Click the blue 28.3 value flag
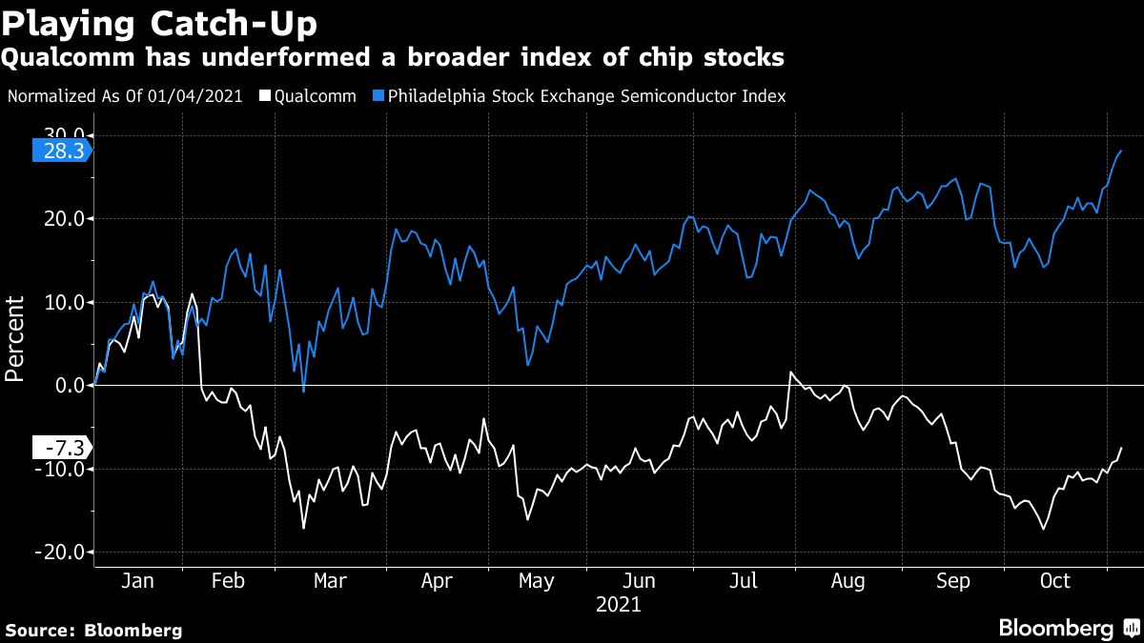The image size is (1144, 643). point(61,151)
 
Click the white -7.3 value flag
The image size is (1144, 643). point(61,448)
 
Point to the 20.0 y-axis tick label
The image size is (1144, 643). point(64,218)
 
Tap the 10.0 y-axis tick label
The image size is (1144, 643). point(64,302)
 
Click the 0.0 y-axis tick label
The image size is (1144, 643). point(71,386)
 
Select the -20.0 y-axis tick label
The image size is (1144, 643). point(61,553)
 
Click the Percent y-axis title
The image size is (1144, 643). point(15,338)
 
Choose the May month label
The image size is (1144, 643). point(538,581)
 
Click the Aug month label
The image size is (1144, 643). point(847,581)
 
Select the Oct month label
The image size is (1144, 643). point(1055,581)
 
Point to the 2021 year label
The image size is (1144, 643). point(618,604)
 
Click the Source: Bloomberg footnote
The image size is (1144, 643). point(93,630)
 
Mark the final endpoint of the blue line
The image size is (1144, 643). point(1121,151)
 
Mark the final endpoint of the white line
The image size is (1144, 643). point(1121,448)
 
